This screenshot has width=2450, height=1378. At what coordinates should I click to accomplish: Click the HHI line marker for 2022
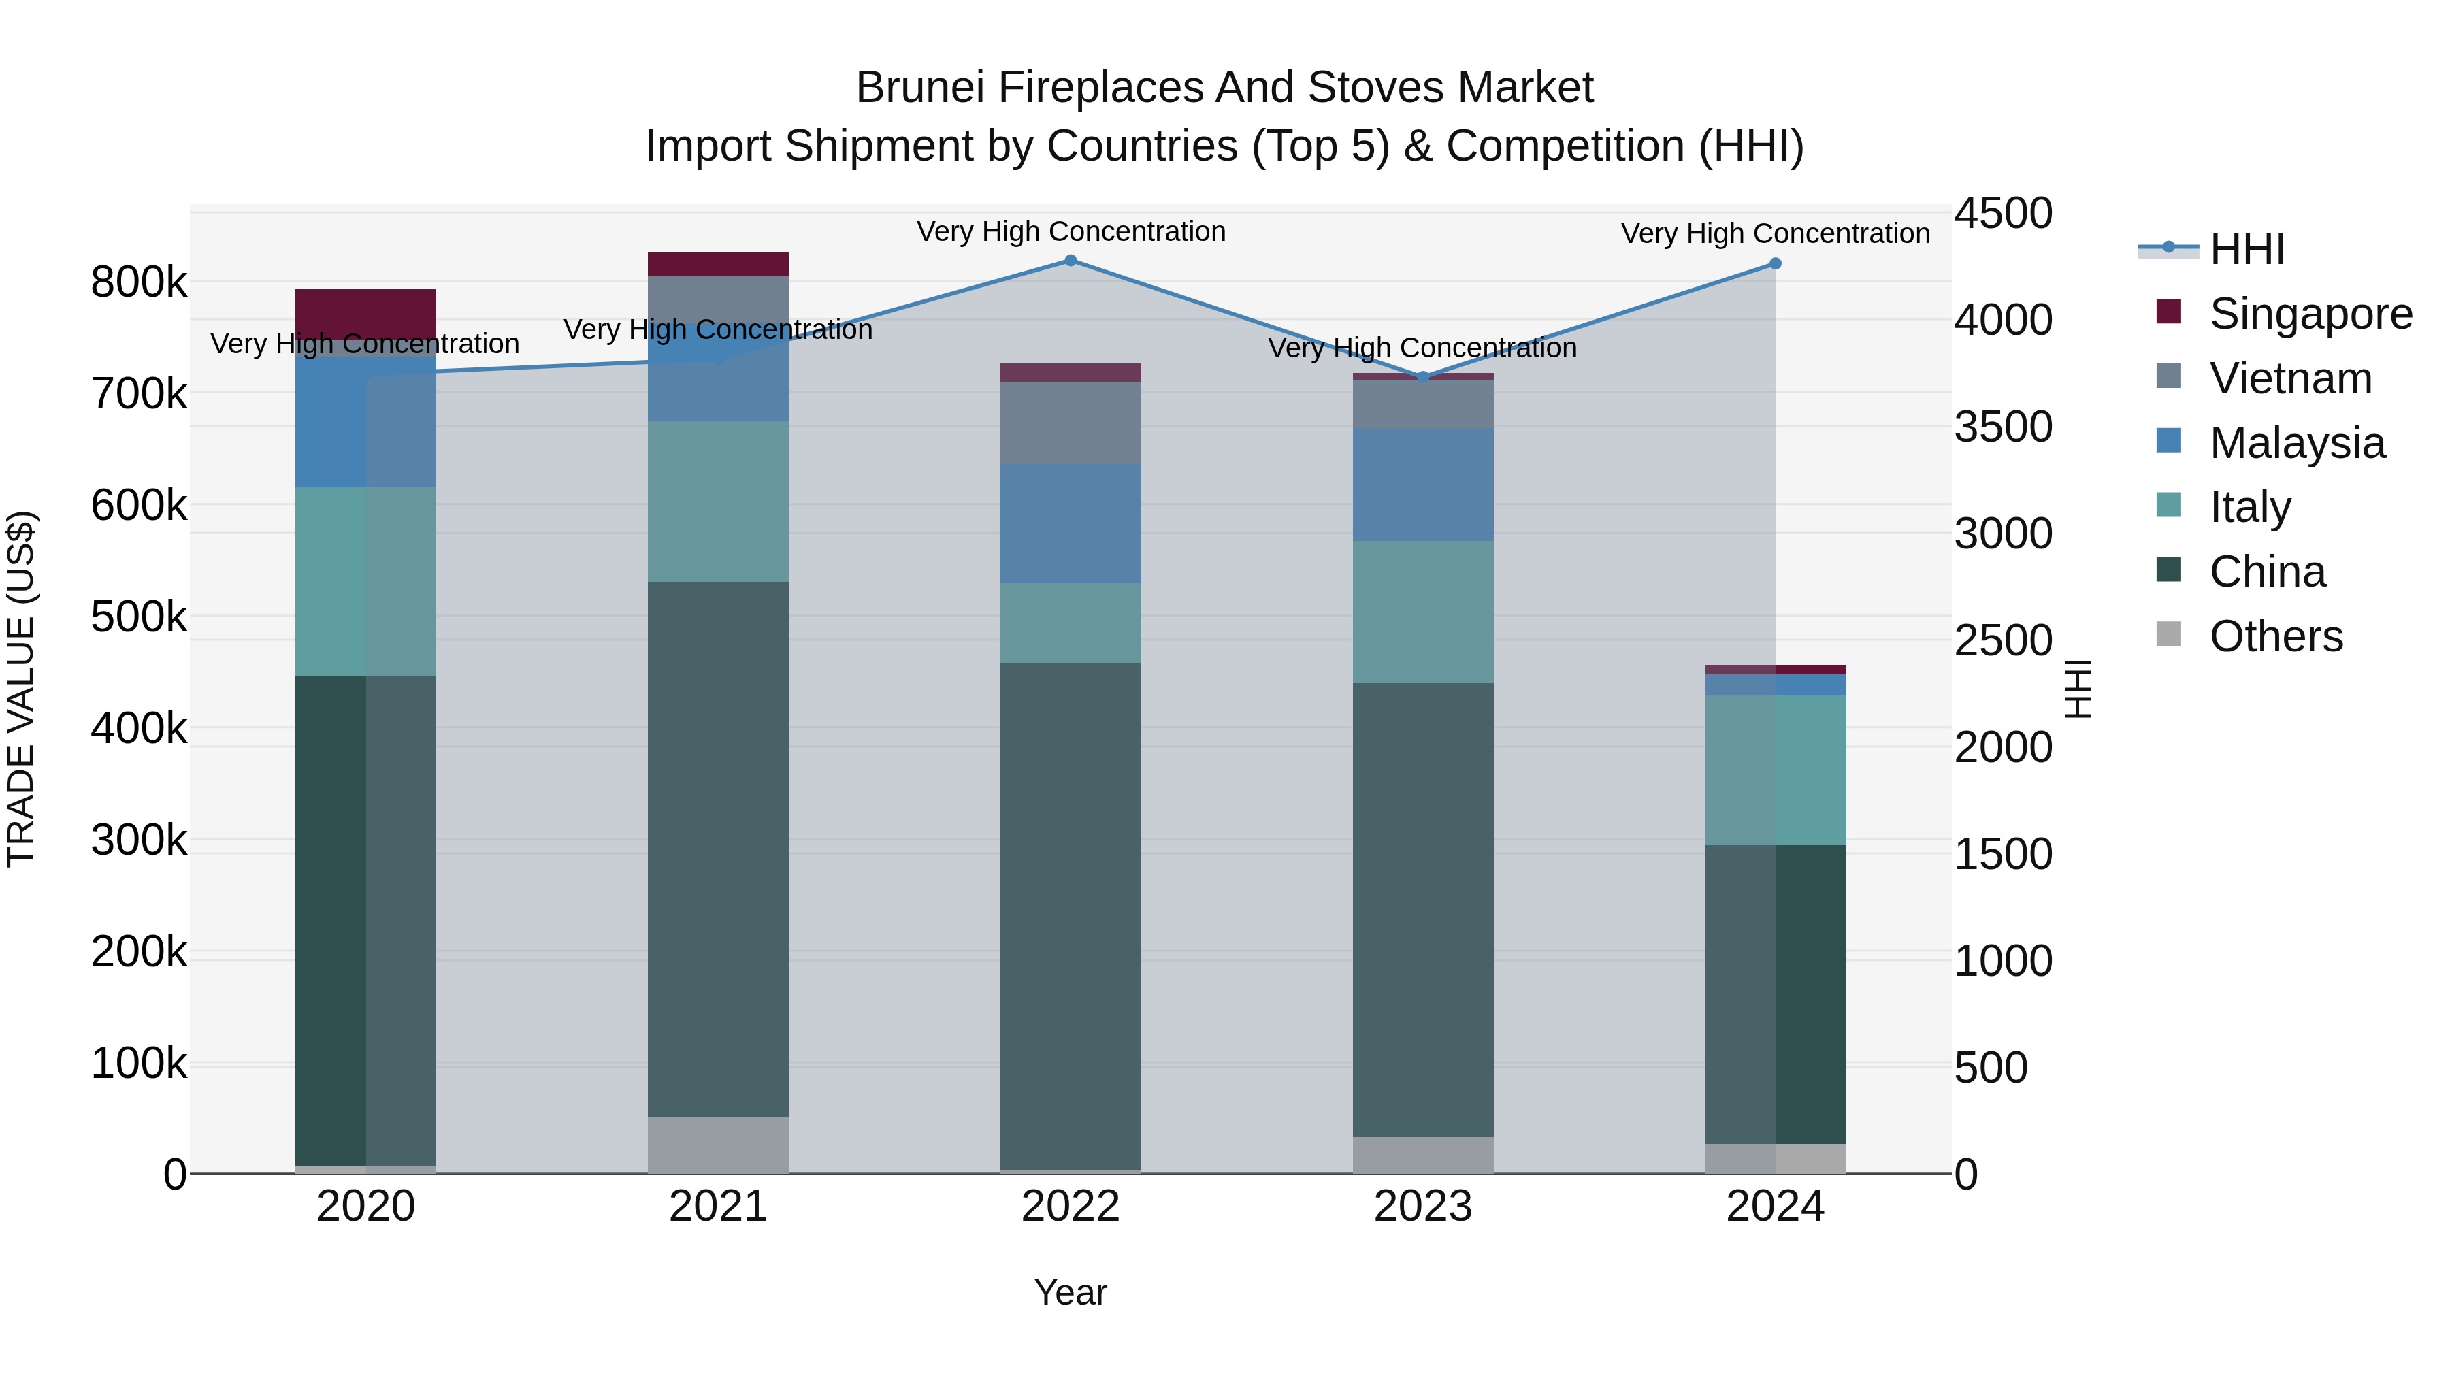click(x=1070, y=261)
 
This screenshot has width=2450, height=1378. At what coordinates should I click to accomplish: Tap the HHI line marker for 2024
click(x=1775, y=263)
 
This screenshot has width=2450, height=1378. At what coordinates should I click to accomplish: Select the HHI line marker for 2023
click(x=1423, y=376)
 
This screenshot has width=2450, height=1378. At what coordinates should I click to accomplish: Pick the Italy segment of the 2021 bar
click(x=718, y=501)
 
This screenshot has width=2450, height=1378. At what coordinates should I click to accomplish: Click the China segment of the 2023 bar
click(x=1423, y=909)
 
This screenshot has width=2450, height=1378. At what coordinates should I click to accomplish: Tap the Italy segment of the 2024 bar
click(x=1775, y=770)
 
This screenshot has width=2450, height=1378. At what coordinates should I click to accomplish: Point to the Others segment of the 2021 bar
click(x=718, y=1145)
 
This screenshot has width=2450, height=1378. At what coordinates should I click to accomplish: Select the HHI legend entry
click(x=2247, y=249)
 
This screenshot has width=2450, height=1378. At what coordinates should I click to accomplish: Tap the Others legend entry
click(x=2276, y=636)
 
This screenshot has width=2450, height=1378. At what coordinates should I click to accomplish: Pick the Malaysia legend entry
click(x=2297, y=443)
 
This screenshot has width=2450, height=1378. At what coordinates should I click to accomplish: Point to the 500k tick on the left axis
click(x=139, y=617)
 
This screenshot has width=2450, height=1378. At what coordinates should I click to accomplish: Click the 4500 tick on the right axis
click(x=2003, y=213)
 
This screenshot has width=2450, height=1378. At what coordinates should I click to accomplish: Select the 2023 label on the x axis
click(x=1423, y=1207)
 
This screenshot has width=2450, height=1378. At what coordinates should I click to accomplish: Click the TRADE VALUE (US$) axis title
click(x=21, y=689)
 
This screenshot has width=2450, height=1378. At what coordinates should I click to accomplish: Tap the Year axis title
click(x=1070, y=1292)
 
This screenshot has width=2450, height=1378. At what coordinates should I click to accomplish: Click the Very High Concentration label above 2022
click(x=1071, y=231)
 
